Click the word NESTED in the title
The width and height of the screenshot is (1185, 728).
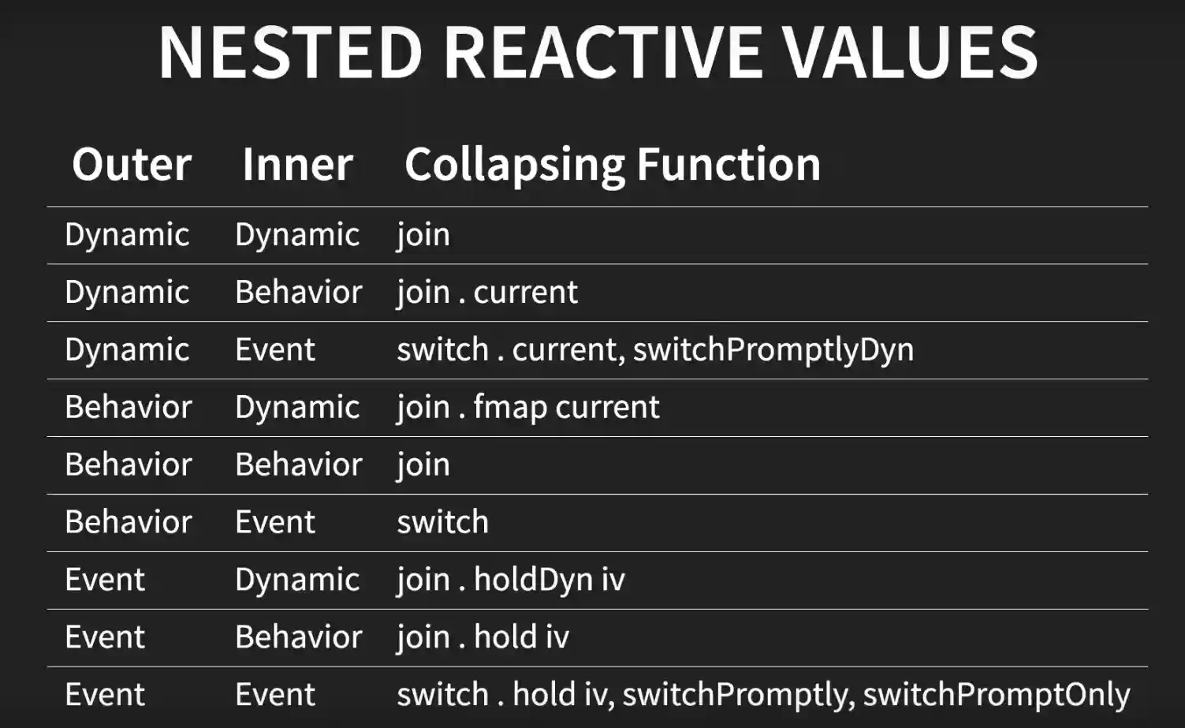[290, 52]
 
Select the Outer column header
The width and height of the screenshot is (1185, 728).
[132, 163]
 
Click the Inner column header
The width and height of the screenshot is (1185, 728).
[297, 163]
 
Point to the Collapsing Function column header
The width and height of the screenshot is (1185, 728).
[613, 165]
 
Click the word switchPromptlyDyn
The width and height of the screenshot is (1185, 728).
[773, 349]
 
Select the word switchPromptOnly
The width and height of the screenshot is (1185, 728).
[997, 695]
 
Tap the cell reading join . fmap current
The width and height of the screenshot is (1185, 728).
[528, 408]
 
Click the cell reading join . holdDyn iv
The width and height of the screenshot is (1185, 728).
[510, 580]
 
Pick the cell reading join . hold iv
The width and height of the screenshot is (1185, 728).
[483, 637]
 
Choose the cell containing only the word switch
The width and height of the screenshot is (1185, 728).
[443, 521]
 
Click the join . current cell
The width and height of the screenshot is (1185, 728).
[487, 293]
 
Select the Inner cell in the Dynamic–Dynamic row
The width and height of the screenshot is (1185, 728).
[297, 234]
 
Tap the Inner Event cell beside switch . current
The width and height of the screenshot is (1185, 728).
[275, 349]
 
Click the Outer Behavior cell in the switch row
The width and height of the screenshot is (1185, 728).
[128, 521]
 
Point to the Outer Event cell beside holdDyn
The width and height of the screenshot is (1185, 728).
[105, 580]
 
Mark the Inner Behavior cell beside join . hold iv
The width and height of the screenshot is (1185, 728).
[298, 637]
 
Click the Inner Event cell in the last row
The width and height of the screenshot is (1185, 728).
[275, 694]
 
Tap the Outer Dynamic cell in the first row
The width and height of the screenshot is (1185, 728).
[127, 234]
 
